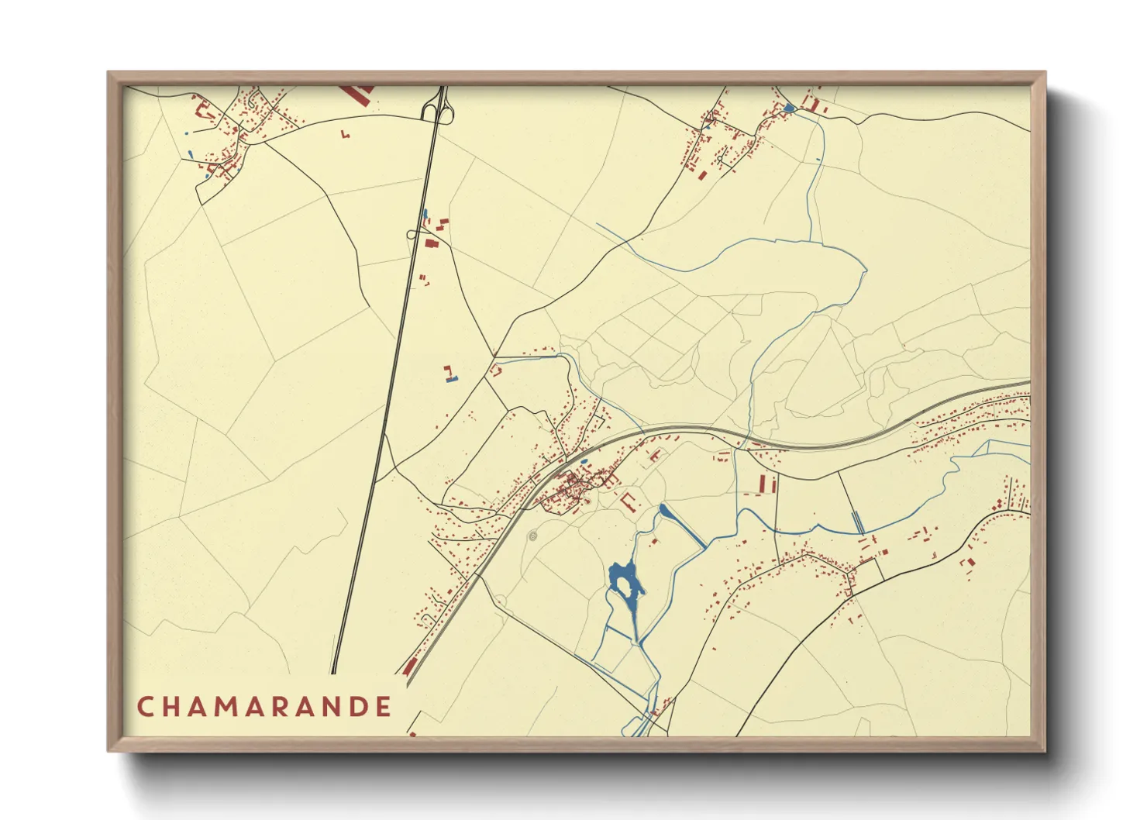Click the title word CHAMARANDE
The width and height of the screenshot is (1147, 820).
(x=264, y=707)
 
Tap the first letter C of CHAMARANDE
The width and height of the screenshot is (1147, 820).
(x=144, y=707)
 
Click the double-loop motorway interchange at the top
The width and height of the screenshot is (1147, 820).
(x=436, y=109)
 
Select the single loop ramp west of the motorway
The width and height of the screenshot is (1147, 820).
(x=412, y=233)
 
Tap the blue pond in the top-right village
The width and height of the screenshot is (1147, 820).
(x=789, y=108)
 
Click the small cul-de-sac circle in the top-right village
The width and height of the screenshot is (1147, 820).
(x=720, y=159)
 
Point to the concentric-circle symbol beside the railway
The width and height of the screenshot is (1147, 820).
(x=532, y=535)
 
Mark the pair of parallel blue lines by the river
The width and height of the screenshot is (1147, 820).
(x=858, y=522)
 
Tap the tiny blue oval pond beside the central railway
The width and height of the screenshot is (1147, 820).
(x=584, y=461)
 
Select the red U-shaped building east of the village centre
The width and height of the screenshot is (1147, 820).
(x=628, y=500)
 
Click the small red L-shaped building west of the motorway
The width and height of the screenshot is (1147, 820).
(x=346, y=135)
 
